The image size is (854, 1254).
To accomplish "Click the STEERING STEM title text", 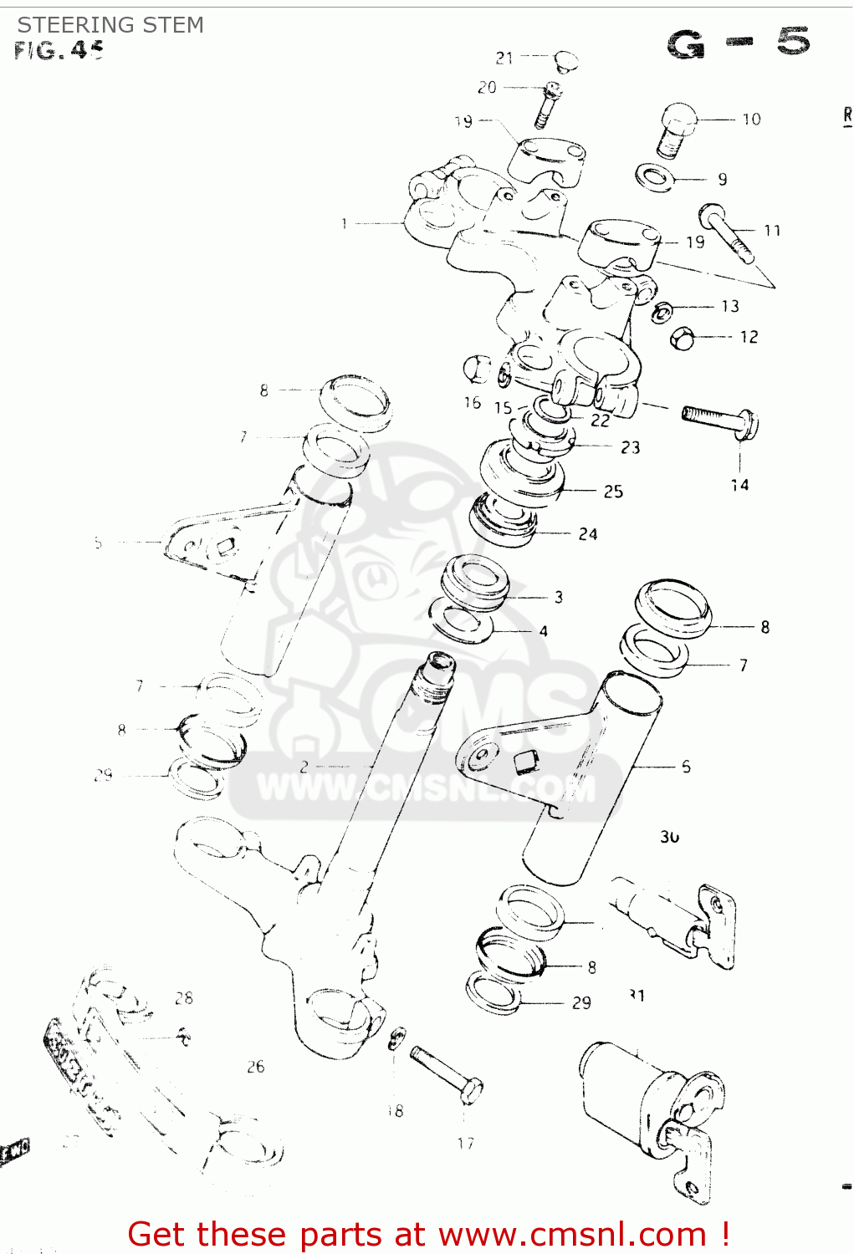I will [110, 25].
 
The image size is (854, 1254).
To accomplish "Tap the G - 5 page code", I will [739, 43].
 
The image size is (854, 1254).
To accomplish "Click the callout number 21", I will [504, 58].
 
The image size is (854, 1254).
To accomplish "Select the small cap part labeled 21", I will [566, 60].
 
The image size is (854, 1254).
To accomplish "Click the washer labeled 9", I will [654, 177].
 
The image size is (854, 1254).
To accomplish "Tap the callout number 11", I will [771, 230].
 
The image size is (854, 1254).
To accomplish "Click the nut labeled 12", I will [683, 338].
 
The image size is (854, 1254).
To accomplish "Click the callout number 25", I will [613, 492].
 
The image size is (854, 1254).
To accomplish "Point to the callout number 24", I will [588, 534].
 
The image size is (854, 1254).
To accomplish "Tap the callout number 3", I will [559, 597].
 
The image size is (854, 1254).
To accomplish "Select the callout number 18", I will [396, 1110].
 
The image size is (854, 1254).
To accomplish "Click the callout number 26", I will [255, 1067].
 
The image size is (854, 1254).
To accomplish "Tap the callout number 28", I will [184, 998].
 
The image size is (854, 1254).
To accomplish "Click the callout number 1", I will [344, 223].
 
